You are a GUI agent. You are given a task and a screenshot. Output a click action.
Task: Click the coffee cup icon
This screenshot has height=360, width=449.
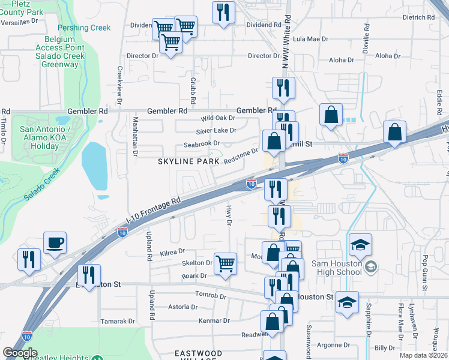click(x=55, y=242)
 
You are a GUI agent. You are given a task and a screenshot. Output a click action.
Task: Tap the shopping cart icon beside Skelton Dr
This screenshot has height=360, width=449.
click(x=224, y=262)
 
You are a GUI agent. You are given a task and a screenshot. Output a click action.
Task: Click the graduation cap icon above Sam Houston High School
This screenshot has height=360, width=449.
click(x=361, y=244)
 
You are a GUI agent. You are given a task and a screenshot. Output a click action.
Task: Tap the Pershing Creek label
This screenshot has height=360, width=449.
click(x=84, y=28)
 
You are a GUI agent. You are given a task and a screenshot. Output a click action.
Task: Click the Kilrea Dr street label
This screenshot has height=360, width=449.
click(x=173, y=252)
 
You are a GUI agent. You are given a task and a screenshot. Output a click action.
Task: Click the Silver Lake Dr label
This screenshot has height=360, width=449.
click(x=216, y=130)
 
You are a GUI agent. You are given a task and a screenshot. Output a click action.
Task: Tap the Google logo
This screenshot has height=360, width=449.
click(x=20, y=353)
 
